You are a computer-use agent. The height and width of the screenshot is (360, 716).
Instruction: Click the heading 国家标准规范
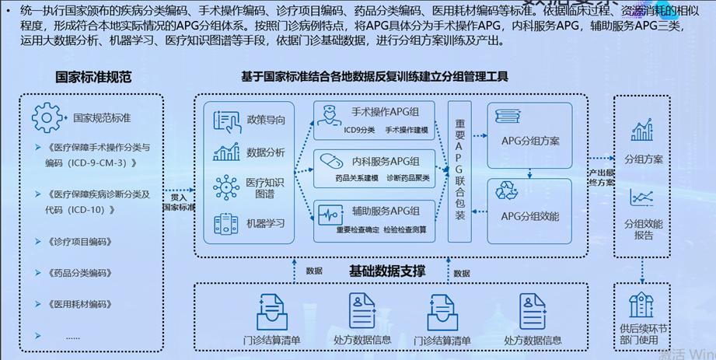pyautogui.click(x=93, y=77)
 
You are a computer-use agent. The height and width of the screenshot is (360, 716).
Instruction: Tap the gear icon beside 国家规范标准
pyautogui.click(x=47, y=118)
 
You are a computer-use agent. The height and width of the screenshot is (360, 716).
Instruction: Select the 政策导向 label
pyautogui.click(x=265, y=120)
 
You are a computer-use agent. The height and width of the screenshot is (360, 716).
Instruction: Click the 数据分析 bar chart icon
pyautogui.click(x=226, y=152)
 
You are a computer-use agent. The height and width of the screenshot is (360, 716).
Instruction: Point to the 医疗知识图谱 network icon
pyautogui.click(x=226, y=187)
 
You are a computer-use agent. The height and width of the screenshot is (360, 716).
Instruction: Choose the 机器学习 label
pyautogui.click(x=265, y=223)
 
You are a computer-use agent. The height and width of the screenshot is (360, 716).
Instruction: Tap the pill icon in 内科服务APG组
pyautogui.click(x=331, y=162)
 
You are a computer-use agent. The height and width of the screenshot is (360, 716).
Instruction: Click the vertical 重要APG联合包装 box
pyautogui.click(x=459, y=170)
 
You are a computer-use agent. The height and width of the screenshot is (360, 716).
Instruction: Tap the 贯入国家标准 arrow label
pyautogui.click(x=178, y=202)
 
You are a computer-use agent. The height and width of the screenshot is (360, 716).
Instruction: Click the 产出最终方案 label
pyautogui.click(x=600, y=177)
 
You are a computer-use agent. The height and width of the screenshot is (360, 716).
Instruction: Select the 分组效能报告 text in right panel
pyautogui.click(x=643, y=229)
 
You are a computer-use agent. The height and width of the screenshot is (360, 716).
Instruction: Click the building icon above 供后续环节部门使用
pyautogui.click(x=641, y=305)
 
